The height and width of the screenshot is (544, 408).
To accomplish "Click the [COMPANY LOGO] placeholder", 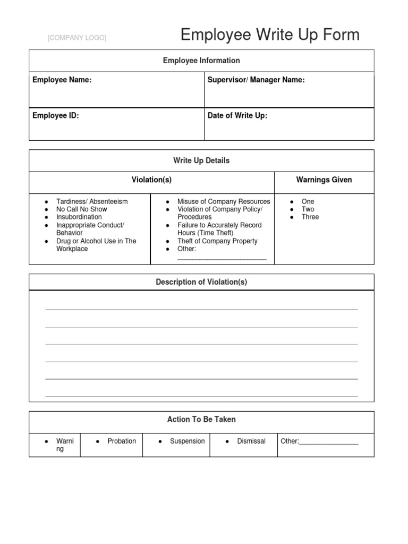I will (x=77, y=38).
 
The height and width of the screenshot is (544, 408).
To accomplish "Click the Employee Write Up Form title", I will (x=270, y=35).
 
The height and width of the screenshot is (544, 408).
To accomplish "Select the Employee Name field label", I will (x=62, y=80).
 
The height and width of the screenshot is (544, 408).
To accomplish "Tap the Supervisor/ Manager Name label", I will (x=256, y=80).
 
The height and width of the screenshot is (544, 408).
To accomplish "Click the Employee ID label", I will (x=56, y=115).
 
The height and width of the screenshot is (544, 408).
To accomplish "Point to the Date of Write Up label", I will (x=237, y=115).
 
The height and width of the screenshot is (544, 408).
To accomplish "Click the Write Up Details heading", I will (x=201, y=160).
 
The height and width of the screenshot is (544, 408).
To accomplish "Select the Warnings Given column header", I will (x=324, y=180).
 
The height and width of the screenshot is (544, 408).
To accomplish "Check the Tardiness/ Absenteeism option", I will (x=92, y=201).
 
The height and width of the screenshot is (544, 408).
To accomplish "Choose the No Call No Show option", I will (x=82, y=209).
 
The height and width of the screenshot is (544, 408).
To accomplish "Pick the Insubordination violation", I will (x=79, y=217).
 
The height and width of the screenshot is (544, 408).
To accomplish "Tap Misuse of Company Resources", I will (x=224, y=201).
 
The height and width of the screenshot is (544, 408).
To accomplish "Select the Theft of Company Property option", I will (x=217, y=241).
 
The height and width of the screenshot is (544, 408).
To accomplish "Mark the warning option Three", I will (x=310, y=217).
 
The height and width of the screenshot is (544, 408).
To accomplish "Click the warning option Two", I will (x=308, y=209).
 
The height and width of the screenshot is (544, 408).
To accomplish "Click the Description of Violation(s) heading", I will (x=201, y=282).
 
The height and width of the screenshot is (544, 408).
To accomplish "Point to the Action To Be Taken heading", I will (x=201, y=419).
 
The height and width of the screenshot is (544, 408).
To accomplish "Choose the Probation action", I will (x=122, y=441).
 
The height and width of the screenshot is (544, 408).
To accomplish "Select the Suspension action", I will (x=187, y=441).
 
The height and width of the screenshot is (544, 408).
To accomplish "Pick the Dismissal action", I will (x=251, y=441).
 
